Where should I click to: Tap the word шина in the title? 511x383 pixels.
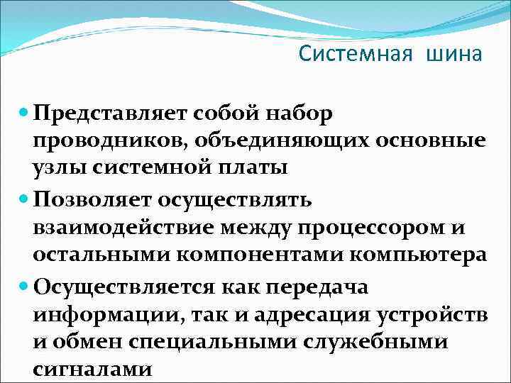454,54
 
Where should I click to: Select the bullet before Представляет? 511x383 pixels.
24,112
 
